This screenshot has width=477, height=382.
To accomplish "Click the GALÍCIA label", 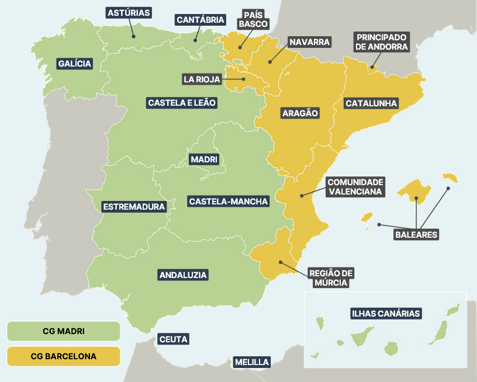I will point(75,64).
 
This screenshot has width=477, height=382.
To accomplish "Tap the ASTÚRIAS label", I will point(129,12).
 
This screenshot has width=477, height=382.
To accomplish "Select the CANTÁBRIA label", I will point(200,20).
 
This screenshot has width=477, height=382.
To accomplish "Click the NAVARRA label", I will point(309,42).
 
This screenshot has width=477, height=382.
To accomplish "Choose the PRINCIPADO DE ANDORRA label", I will point(382,42).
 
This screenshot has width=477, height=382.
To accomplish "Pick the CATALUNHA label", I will point(371,103).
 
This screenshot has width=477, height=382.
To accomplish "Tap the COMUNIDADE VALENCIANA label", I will point(355,186).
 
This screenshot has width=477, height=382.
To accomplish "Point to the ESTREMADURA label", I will point(134,207).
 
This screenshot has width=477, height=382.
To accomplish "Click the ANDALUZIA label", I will point(184,275).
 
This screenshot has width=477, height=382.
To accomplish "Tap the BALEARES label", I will point(416,235).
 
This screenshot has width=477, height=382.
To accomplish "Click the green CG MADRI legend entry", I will point(63,331).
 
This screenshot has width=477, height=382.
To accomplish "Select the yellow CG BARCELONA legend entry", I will point(63,356).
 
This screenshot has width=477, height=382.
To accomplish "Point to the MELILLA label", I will point(252,362).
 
